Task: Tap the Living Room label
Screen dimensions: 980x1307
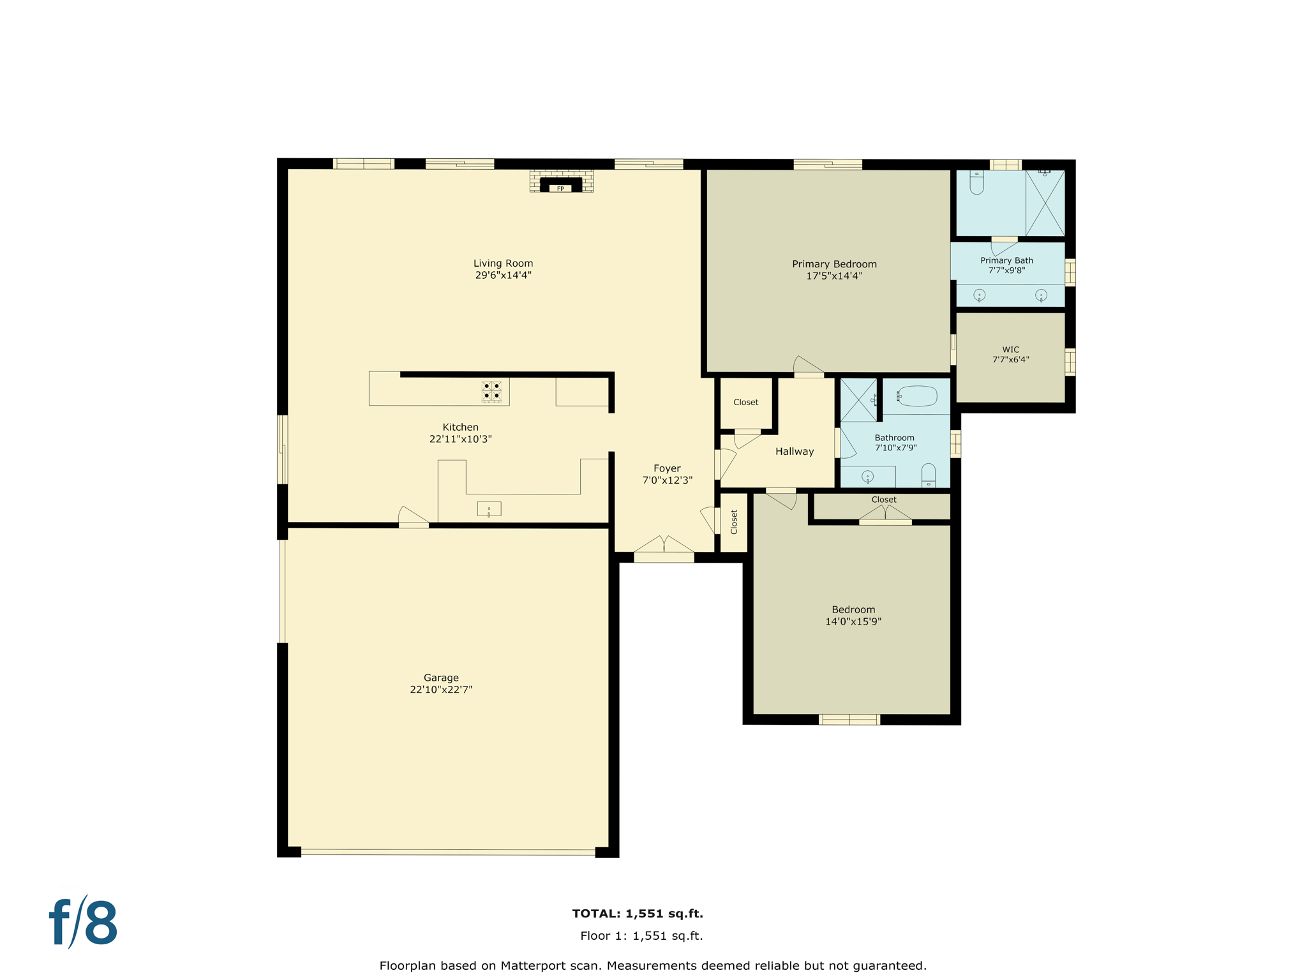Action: coord(503,264)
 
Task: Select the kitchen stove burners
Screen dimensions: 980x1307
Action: coord(491,391)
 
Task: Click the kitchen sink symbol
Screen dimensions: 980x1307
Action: coord(489,509)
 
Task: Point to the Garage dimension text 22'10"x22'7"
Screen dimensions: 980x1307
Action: coord(441,690)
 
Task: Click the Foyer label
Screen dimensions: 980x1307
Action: coord(667,468)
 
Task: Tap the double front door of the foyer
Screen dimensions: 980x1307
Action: coord(664,547)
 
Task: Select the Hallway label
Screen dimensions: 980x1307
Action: coord(795,452)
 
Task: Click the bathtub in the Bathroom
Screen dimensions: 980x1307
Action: coord(918,396)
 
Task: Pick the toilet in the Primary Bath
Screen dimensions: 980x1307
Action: coord(976,182)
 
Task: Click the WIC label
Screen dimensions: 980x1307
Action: coord(1011,350)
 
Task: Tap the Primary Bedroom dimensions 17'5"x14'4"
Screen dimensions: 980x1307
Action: coord(834,276)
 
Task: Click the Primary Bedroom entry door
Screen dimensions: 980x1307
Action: coord(808,367)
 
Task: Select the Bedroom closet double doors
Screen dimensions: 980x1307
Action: coord(885,515)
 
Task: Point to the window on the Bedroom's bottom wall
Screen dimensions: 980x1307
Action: coord(849,720)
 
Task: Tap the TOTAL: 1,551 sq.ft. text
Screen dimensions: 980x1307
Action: coord(638,914)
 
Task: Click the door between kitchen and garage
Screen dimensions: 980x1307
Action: coord(414,517)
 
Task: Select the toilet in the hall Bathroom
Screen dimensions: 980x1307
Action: coord(929,476)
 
